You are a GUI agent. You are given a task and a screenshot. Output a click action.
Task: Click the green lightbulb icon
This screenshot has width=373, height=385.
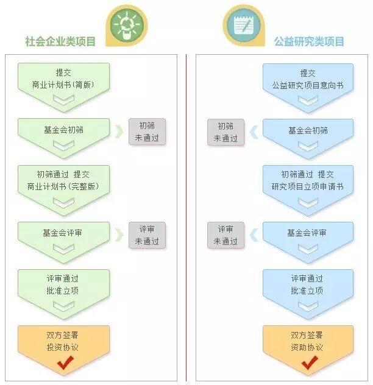click(126, 25)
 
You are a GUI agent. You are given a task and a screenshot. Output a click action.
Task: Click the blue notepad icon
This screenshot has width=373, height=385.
click(244, 25)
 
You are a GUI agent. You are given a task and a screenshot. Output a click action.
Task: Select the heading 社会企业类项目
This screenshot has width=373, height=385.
click(60, 42)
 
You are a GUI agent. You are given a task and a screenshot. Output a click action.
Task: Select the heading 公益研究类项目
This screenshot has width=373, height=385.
click(309, 42)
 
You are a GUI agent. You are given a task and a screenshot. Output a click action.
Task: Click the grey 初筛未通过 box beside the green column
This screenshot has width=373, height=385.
click(147, 132)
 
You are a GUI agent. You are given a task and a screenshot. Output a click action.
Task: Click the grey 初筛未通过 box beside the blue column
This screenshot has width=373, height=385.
click(226, 132)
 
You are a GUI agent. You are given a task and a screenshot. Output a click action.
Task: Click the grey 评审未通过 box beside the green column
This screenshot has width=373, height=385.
click(147, 235)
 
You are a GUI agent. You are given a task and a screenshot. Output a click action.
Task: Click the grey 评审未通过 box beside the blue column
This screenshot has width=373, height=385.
click(226, 235)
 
